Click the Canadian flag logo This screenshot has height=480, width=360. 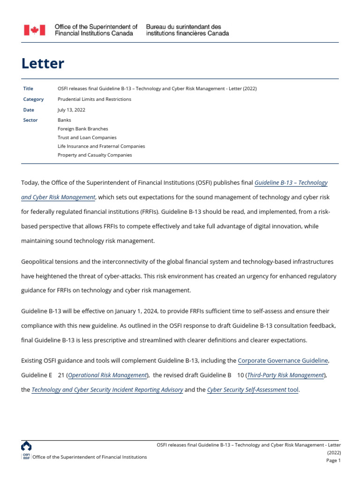point(35,30)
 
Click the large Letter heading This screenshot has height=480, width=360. point(43,63)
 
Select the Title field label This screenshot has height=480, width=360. point(28,89)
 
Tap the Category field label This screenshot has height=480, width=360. point(33,99)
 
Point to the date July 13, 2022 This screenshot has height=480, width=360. point(71,110)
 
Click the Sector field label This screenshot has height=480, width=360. point(30,120)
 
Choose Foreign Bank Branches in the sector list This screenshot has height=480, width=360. point(82,128)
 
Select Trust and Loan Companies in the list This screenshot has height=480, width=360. point(87,137)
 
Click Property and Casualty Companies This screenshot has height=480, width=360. point(95,155)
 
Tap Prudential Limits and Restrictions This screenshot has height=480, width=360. point(94,99)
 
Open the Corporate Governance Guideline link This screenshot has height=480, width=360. point(283,360)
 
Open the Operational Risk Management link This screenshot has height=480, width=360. point(108,375)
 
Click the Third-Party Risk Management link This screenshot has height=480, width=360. point(285,375)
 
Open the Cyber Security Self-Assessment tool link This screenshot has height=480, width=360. point(253,390)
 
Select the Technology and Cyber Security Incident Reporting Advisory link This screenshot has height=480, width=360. point(107,390)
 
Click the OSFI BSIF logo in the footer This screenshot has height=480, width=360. point(26,450)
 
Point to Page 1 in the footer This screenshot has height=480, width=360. point(333,460)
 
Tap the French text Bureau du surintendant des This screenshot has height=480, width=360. point(183,27)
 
